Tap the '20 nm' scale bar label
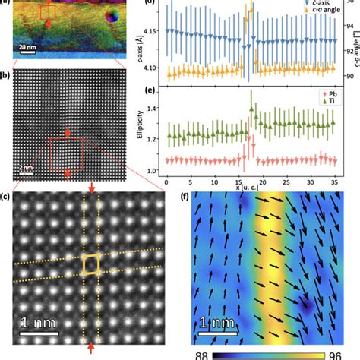pos(26,46)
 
